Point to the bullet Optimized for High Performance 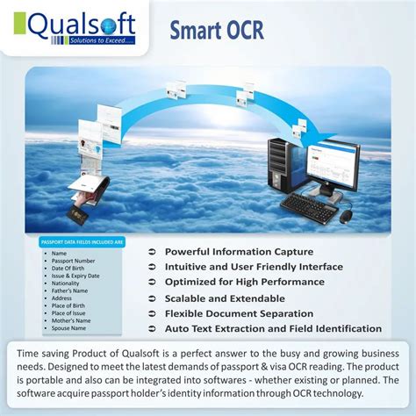coord(245,282)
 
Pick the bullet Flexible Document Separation coord(239,313)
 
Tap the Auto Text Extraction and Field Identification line coord(273,329)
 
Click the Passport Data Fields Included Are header coord(82,240)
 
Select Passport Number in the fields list coord(74,261)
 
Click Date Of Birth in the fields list coord(68,268)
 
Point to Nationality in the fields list coord(67,283)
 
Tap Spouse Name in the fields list coord(69,328)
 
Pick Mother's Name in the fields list coord(71,321)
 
